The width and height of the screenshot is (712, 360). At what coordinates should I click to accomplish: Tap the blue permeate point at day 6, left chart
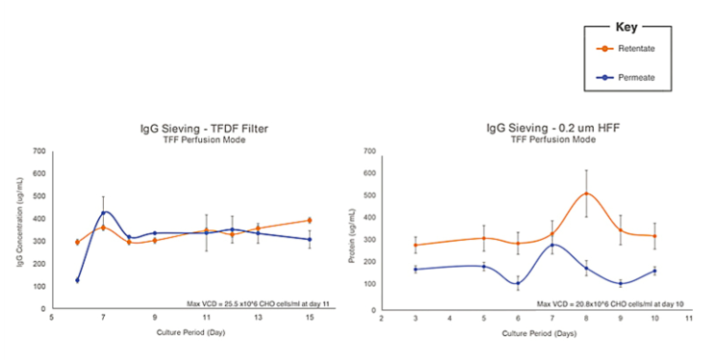[x=76, y=280]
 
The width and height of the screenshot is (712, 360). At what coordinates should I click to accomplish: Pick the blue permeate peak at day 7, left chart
[x=104, y=212]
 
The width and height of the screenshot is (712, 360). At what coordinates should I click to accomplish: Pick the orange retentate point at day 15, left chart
[x=309, y=220]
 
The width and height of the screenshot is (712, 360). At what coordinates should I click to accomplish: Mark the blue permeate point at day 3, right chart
[x=415, y=270]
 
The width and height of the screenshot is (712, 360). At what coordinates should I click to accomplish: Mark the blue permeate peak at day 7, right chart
[x=551, y=244]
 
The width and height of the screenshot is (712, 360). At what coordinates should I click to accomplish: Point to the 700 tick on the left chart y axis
[x=39, y=151]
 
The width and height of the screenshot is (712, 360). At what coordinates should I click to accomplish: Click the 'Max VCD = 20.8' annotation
[x=597, y=303]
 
